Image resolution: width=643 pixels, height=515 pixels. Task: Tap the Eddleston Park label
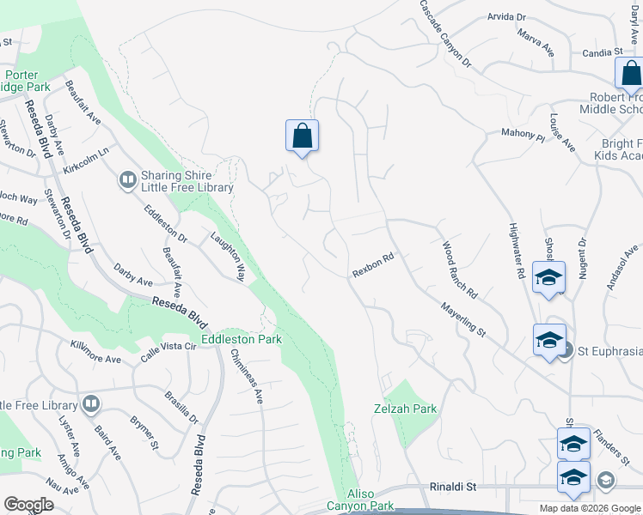(x=241, y=340)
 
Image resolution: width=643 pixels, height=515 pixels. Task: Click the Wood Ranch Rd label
(x=459, y=270)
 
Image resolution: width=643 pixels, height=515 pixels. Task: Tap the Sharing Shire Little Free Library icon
(x=127, y=179)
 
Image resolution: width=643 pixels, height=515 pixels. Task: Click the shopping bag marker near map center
(x=302, y=136)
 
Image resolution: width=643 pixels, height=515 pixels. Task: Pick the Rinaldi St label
(x=452, y=487)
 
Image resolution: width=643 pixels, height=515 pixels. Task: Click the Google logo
(x=28, y=505)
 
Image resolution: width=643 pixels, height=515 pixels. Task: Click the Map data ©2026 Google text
(x=589, y=508)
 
